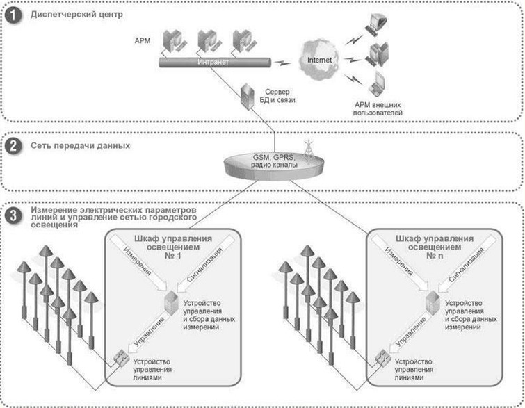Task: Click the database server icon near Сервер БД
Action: coord(245,95)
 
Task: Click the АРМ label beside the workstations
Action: coord(140,40)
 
